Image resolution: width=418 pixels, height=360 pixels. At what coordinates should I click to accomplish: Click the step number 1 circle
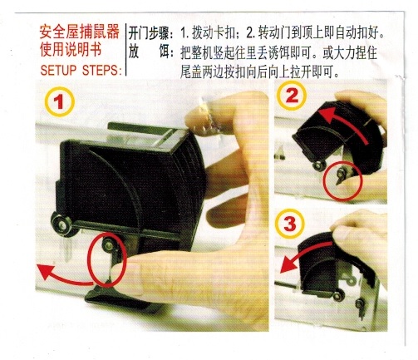[x=59, y=101]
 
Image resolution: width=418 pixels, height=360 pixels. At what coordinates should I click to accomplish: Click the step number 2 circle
[x=291, y=96]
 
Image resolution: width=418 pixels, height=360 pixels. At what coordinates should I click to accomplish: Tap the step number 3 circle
[x=290, y=224]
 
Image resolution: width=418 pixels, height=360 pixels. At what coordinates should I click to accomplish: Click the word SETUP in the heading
[x=58, y=71]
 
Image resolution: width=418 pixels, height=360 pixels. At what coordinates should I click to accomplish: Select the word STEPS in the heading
[x=101, y=71]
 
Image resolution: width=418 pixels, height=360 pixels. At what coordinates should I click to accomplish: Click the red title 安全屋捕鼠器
[x=80, y=32]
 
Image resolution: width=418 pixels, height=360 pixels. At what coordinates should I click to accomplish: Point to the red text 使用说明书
[x=71, y=50]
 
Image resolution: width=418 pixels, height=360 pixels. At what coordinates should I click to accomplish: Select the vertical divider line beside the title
[x=125, y=50]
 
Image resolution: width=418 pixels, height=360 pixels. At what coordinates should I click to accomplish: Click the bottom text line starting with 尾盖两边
[x=259, y=72]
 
